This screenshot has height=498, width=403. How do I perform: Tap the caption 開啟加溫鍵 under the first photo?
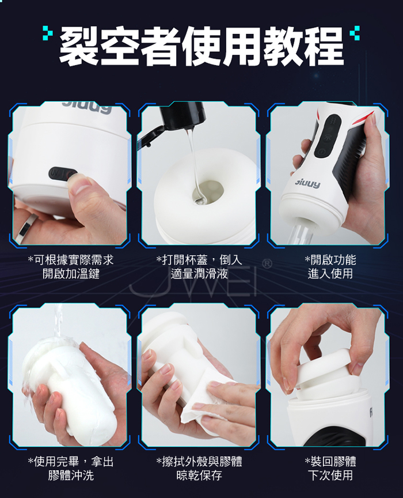point(71,273)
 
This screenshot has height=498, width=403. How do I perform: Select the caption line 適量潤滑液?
point(199,273)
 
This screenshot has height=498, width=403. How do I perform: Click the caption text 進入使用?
point(330,273)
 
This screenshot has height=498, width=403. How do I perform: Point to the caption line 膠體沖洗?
point(71,475)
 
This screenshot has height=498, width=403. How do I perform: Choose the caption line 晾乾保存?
point(199,475)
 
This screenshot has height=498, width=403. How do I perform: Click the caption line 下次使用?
point(330,475)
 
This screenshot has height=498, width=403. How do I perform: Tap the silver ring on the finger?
point(28,227)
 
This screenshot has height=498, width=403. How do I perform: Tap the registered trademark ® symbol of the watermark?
point(268,263)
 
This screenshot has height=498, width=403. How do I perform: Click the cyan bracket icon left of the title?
point(48,33)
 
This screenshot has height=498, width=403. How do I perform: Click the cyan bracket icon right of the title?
point(355,33)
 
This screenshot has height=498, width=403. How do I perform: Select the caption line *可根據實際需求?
point(71,260)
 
